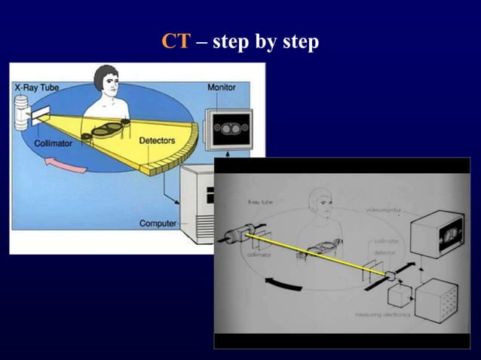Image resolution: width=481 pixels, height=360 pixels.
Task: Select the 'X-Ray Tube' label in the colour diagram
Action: [x=37, y=87]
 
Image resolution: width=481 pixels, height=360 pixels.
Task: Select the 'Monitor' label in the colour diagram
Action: [x=221, y=87]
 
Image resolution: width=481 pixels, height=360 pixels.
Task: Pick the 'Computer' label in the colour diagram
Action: [x=158, y=223]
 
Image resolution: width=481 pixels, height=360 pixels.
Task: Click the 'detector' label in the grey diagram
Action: [x=385, y=251]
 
